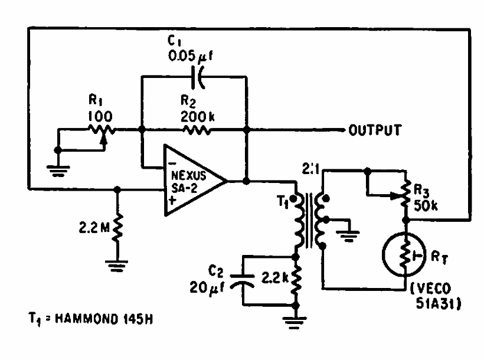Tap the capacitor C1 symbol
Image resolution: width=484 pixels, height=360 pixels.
pyautogui.click(x=200, y=77)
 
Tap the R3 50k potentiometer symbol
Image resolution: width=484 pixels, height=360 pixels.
pyautogui.click(x=405, y=195)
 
